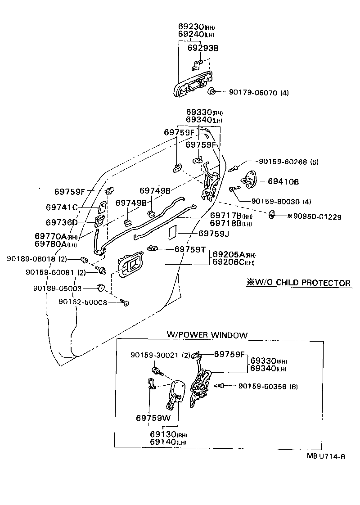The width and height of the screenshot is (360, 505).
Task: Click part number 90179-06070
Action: pyautogui.click(x=253, y=93)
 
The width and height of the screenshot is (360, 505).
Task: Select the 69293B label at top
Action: pyautogui.click(x=202, y=47)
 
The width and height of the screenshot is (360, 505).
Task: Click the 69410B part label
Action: pyautogui.click(x=283, y=181)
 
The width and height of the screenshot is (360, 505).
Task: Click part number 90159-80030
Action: pyautogui.click(x=275, y=201)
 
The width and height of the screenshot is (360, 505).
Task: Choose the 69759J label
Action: pyautogui.click(x=214, y=233)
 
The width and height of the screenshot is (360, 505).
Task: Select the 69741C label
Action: pyautogui.click(x=62, y=207)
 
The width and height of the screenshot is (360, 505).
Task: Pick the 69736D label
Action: pyautogui.click(x=62, y=222)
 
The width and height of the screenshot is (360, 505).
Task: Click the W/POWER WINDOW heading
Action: pyautogui.click(x=207, y=335)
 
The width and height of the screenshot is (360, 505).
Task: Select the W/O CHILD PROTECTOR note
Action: pyautogui.click(x=297, y=283)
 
